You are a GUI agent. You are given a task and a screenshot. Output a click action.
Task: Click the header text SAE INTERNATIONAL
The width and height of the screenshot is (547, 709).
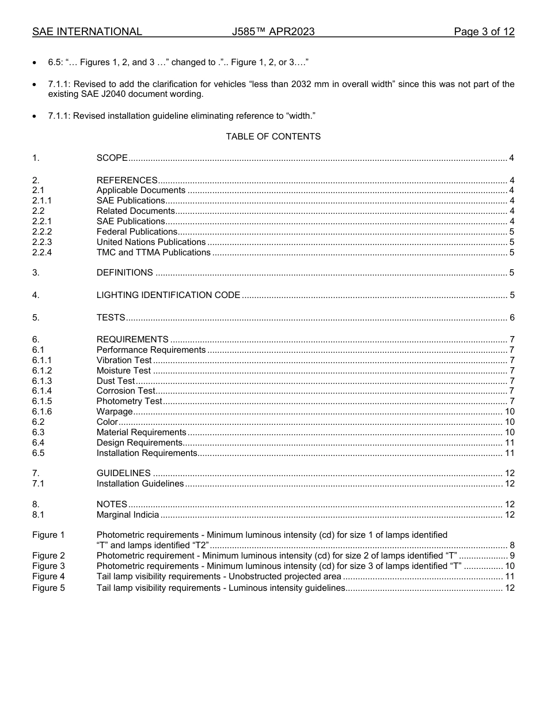tap(87, 32)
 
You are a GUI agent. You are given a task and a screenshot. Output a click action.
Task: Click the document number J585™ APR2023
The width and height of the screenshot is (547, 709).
tap(273, 32)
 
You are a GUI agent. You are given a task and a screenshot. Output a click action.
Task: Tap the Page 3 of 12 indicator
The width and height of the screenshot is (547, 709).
tap(484, 32)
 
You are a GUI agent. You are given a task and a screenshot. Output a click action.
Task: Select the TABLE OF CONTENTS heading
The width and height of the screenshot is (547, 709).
tap(273, 137)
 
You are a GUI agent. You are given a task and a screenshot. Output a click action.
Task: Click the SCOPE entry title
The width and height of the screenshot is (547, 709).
tap(112, 158)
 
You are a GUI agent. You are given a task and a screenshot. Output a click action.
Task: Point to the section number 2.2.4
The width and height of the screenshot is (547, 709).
tap(42, 252)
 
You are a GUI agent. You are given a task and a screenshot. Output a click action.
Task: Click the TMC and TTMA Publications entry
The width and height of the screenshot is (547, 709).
tap(153, 252)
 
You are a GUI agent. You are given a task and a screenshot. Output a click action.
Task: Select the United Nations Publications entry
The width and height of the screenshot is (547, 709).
tap(151, 242)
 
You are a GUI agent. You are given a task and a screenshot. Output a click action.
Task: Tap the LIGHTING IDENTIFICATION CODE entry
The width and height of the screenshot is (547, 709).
tap(168, 295)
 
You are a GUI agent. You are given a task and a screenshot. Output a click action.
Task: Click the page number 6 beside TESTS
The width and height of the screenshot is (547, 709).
tap(512, 318)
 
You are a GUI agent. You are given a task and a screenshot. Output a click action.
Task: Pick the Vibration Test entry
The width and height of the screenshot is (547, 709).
tap(124, 360)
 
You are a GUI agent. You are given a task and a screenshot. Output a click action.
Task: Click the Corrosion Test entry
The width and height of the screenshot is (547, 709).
tap(126, 391)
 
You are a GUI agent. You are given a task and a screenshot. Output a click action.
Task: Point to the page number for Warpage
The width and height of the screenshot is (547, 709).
tap(510, 412)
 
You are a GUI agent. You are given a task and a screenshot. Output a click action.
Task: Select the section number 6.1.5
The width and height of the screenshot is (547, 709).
tap(42, 401)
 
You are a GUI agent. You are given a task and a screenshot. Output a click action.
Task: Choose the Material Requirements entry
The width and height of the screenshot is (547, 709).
tap(141, 432)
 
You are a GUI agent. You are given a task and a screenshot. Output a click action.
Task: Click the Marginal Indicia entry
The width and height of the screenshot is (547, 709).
tap(128, 515)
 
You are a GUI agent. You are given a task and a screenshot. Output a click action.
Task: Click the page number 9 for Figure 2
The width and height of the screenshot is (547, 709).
tap(512, 556)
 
